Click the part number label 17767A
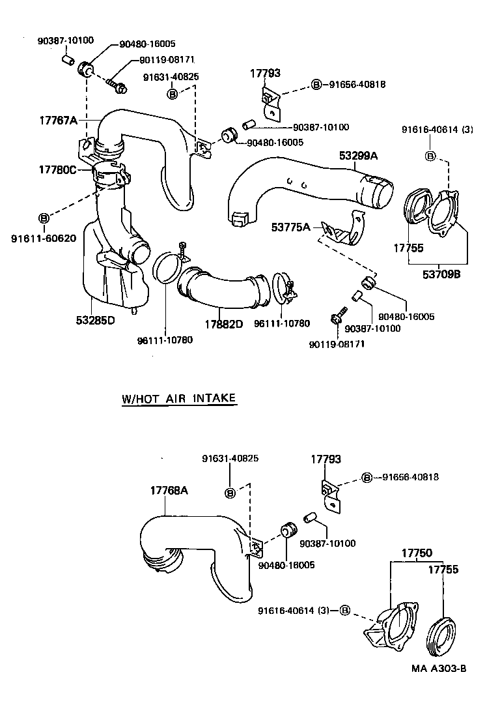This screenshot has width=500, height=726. pyautogui.click(x=58, y=121)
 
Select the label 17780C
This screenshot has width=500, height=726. pyautogui.click(x=58, y=169)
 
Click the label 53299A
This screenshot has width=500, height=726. pyautogui.click(x=358, y=156)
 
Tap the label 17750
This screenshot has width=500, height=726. pyautogui.click(x=416, y=553)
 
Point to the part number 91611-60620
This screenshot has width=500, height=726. pyautogui.click(x=44, y=238)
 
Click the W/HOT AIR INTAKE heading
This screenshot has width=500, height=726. pyautogui.click(x=178, y=399)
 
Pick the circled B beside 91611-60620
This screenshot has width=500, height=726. pyautogui.click(x=44, y=217)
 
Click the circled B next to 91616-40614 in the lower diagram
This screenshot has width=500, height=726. pyautogui.click(x=344, y=611)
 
